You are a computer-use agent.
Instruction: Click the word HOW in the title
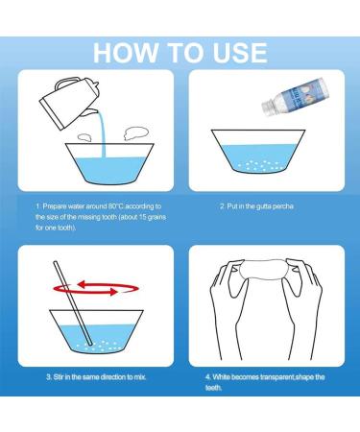(126, 53)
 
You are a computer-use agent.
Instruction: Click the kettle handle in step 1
(66, 83)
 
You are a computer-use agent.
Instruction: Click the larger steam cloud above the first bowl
(136, 133)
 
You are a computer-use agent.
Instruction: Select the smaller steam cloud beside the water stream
(84, 137)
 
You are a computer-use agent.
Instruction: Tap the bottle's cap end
(267, 108)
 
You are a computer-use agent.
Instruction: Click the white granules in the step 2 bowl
(260, 165)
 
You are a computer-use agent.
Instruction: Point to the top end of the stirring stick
(56, 263)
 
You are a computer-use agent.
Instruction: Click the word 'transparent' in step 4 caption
(277, 377)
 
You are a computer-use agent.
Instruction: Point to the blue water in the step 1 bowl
(109, 170)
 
